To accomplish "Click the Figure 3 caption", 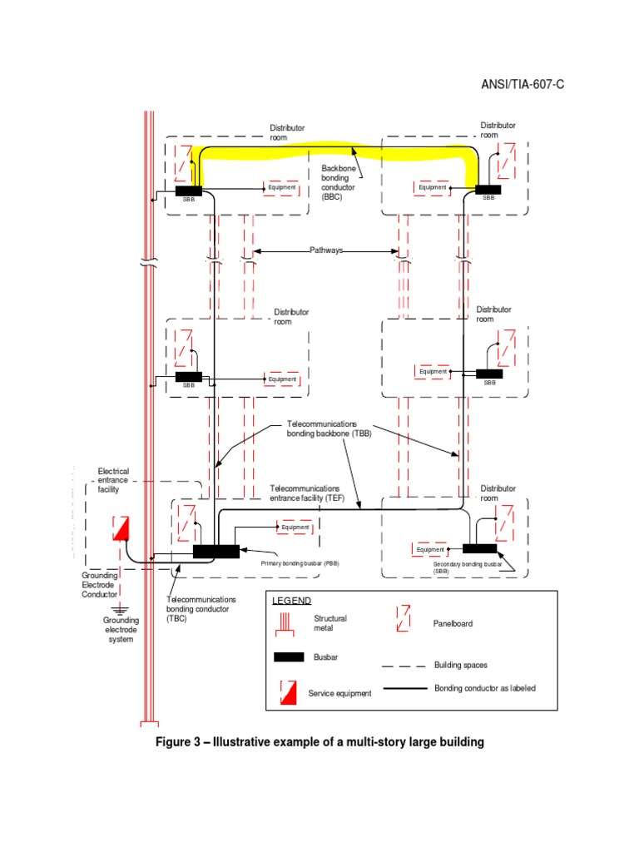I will click(x=320, y=741).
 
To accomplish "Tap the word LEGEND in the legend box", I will click(x=291, y=601).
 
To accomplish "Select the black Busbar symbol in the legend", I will click(x=289, y=657).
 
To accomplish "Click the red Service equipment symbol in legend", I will click(x=288, y=691).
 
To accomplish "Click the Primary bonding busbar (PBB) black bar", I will click(x=215, y=551).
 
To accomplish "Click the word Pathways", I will click(x=326, y=250).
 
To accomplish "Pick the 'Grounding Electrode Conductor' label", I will click(x=100, y=585).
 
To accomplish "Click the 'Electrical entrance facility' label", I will click(x=114, y=480).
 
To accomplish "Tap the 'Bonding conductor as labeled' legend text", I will click(x=485, y=688).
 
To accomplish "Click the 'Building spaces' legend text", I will click(x=461, y=666).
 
